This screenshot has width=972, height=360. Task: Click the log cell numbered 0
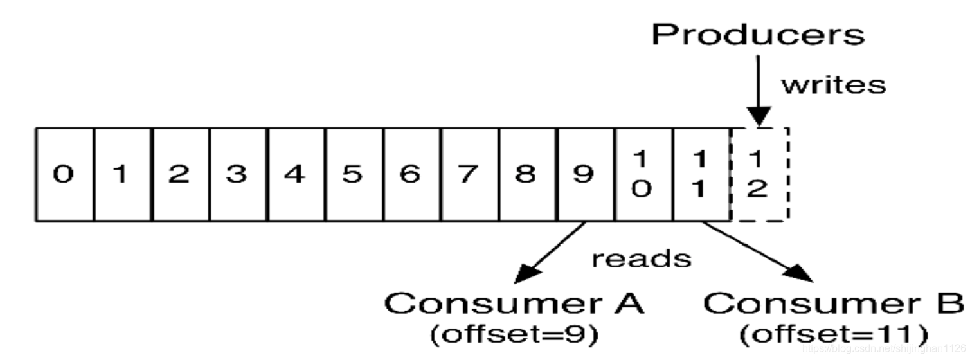click(64, 175)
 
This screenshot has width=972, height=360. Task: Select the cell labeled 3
click(238, 175)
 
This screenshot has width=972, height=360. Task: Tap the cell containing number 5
click(354, 175)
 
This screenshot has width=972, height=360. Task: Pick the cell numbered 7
click(469, 175)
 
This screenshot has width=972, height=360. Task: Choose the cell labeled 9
click(585, 175)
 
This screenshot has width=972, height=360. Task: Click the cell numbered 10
click(643, 175)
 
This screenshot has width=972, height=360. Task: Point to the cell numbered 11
click(701, 175)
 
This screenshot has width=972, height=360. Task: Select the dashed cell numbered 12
click(759, 175)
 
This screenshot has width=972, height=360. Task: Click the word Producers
click(759, 35)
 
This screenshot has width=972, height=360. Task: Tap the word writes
click(833, 85)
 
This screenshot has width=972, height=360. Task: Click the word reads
click(641, 258)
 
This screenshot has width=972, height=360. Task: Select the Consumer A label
click(514, 303)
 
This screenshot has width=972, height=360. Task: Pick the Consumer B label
click(834, 303)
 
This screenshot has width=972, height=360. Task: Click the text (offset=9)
click(514, 334)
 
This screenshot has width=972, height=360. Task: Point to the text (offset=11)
click(834, 334)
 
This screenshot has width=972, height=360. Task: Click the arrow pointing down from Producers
click(759, 90)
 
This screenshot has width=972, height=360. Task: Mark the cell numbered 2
click(180, 175)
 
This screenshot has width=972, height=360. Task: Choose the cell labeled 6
click(411, 175)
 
